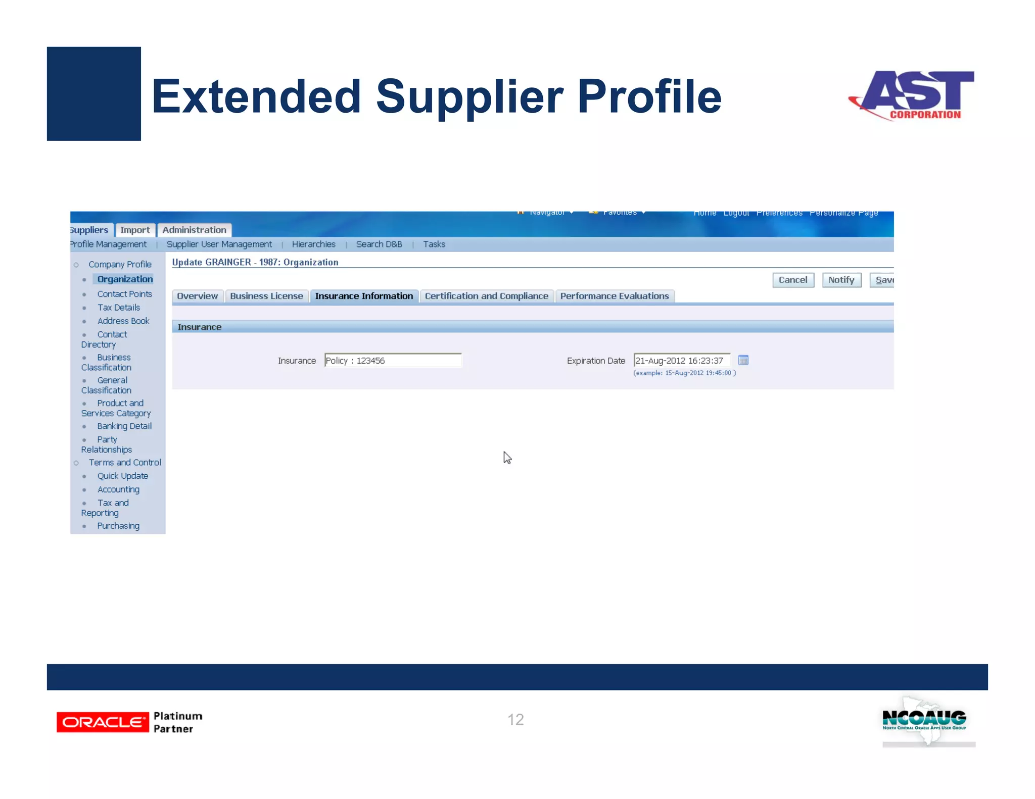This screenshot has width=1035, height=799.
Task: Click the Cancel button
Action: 792,280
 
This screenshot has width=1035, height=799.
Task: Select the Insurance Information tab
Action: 364,296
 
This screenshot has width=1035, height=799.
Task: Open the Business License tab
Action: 266,296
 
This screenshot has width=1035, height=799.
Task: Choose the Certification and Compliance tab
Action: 486,296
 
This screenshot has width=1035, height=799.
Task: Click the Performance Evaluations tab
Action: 614,296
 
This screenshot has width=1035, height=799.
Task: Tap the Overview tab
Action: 198,296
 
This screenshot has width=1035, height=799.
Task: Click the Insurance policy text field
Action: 393,361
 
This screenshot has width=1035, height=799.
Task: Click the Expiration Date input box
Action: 682,361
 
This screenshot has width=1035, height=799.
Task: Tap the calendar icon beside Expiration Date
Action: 743,360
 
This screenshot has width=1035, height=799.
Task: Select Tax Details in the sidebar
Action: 119,308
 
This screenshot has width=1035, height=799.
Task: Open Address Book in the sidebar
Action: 123,321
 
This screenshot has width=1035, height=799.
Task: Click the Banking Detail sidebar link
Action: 124,426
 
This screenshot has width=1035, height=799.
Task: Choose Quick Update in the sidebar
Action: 123,476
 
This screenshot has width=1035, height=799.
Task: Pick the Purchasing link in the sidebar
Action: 118,526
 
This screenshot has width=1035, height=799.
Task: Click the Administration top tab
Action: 194,230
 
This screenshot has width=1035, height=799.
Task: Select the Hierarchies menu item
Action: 313,244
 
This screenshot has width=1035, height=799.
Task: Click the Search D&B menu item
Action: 379,244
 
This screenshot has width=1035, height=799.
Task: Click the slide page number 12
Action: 515,719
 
